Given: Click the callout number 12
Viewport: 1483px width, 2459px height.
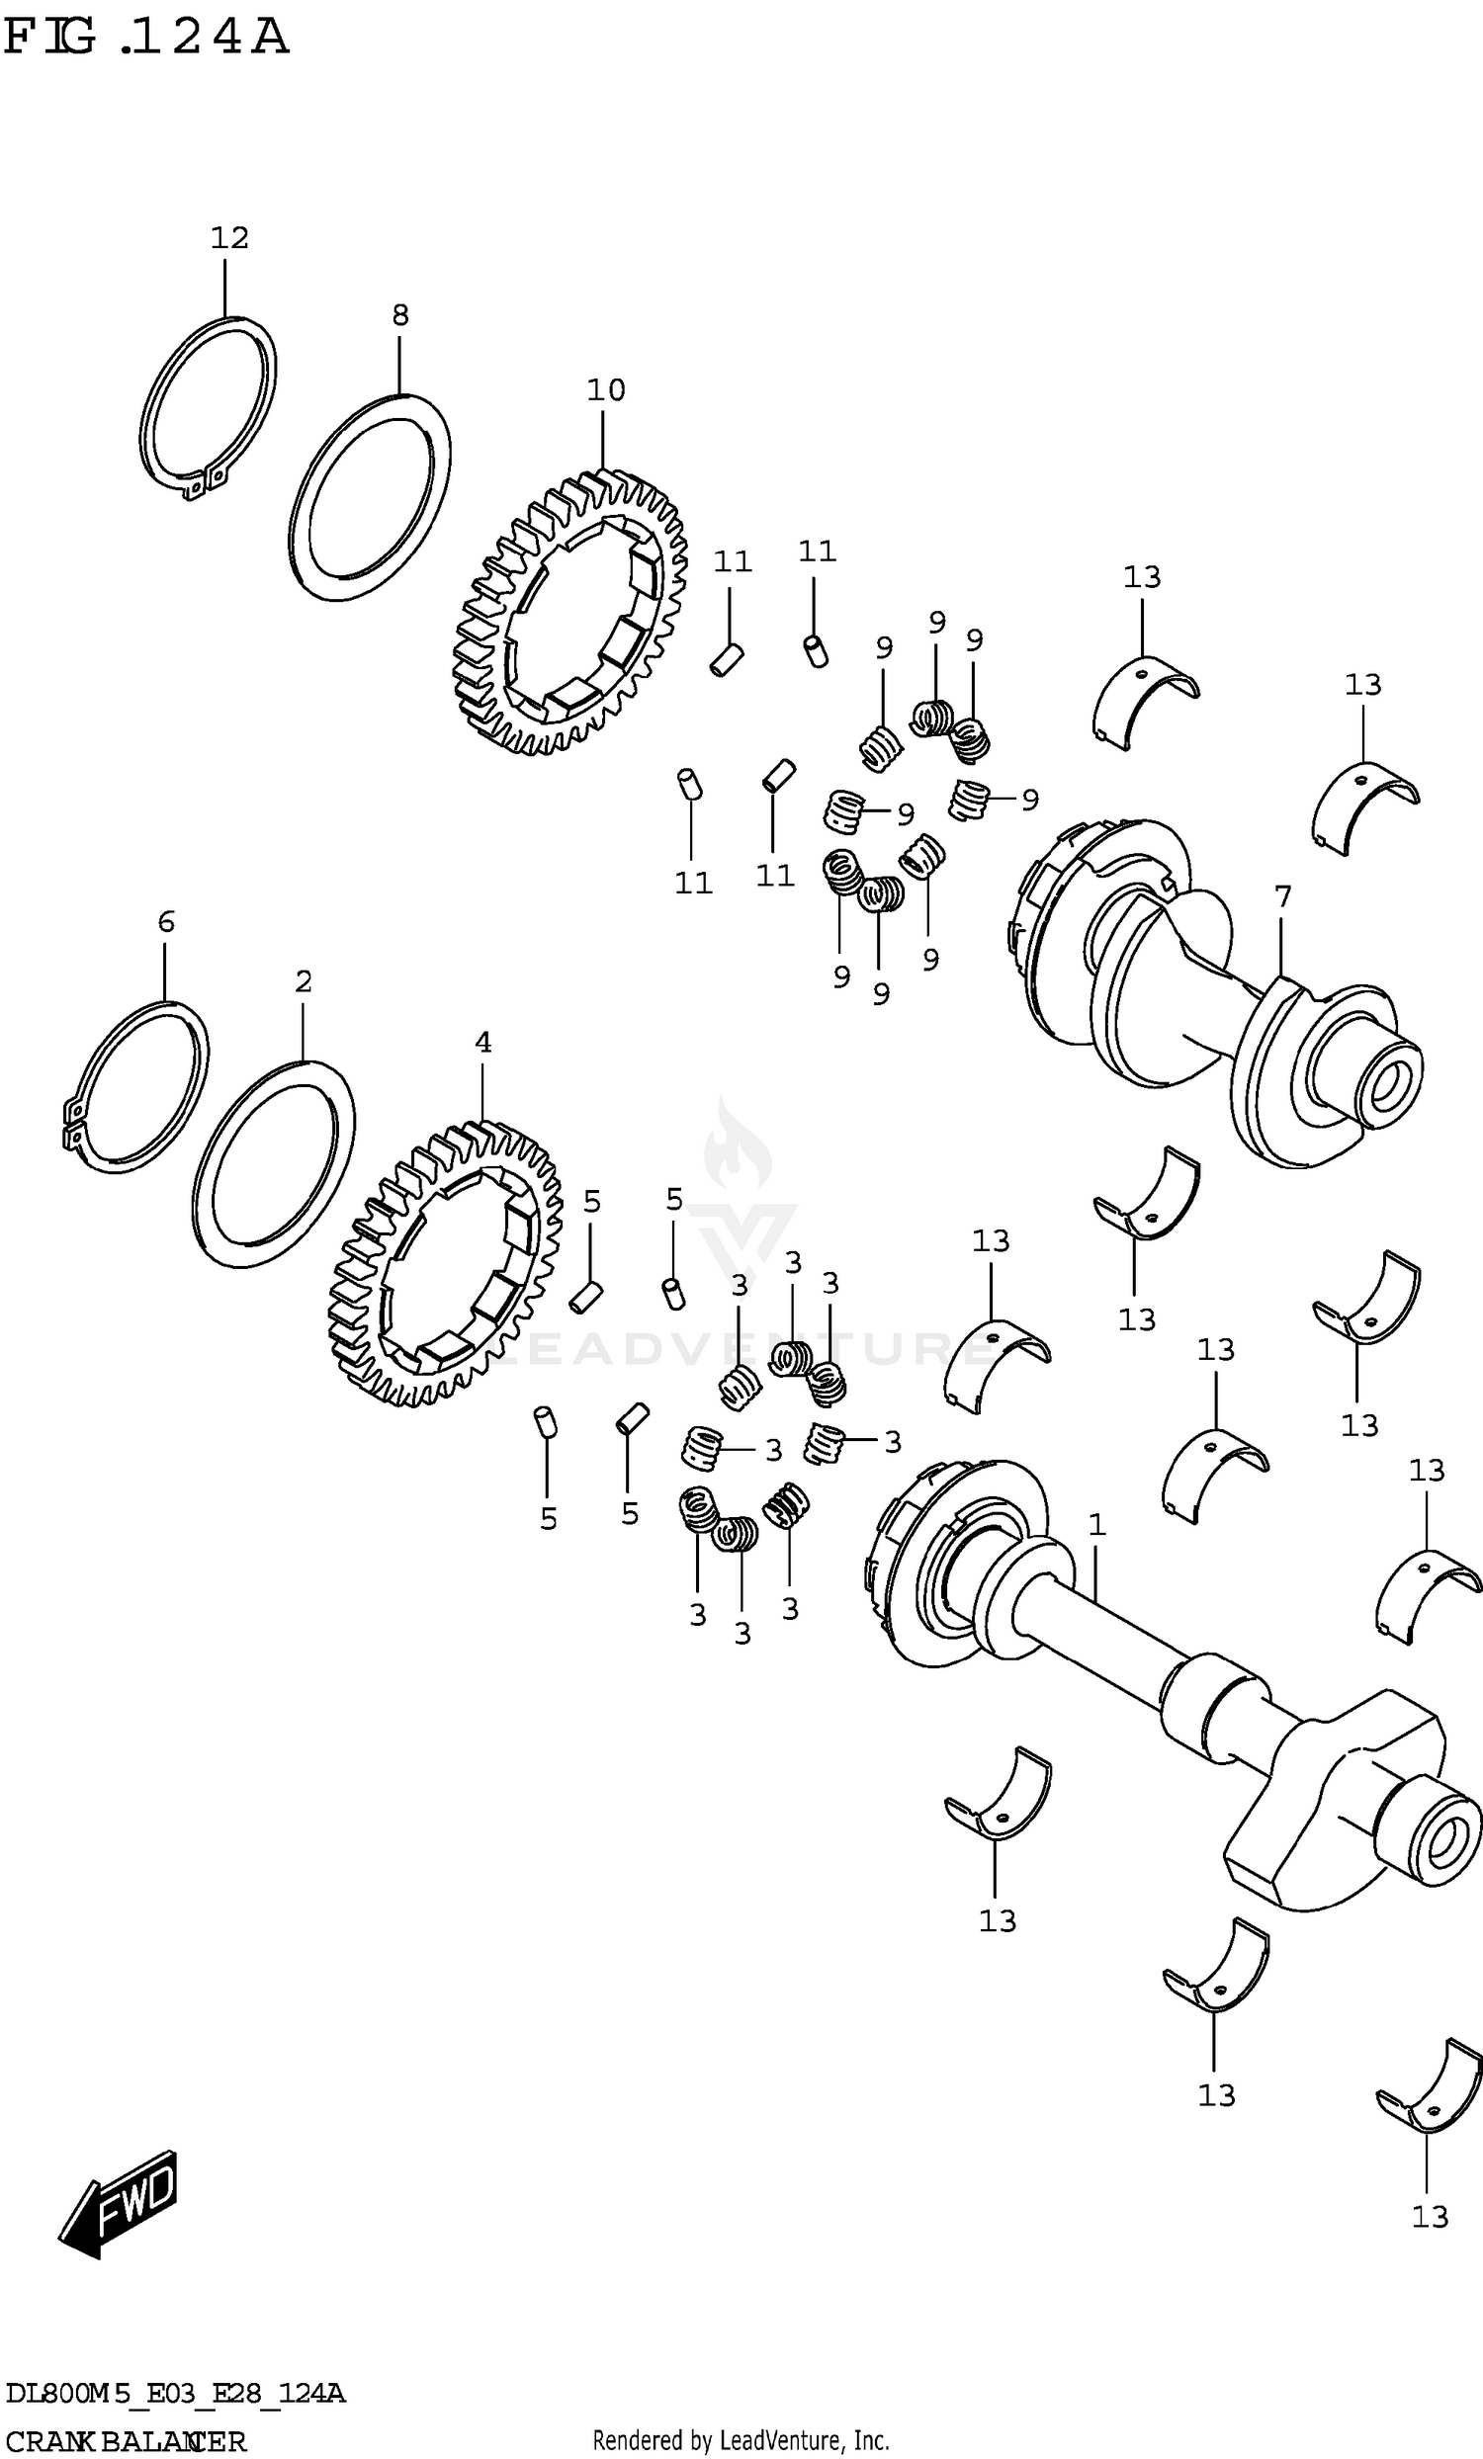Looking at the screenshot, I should coord(228,237).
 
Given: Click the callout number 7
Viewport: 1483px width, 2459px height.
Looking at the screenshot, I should coord(1282,896).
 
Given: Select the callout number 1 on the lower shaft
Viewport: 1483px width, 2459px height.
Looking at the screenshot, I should coord(1096,1524).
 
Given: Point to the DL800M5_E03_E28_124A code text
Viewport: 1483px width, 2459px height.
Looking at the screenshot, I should coord(176,2393).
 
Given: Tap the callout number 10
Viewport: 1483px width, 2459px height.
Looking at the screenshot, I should coord(606,389).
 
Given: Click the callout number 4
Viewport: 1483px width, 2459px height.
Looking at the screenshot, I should coord(483,1042).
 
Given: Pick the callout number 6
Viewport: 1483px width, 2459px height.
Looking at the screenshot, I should coord(166,921).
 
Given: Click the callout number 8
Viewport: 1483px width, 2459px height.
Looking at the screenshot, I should coord(399,315).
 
